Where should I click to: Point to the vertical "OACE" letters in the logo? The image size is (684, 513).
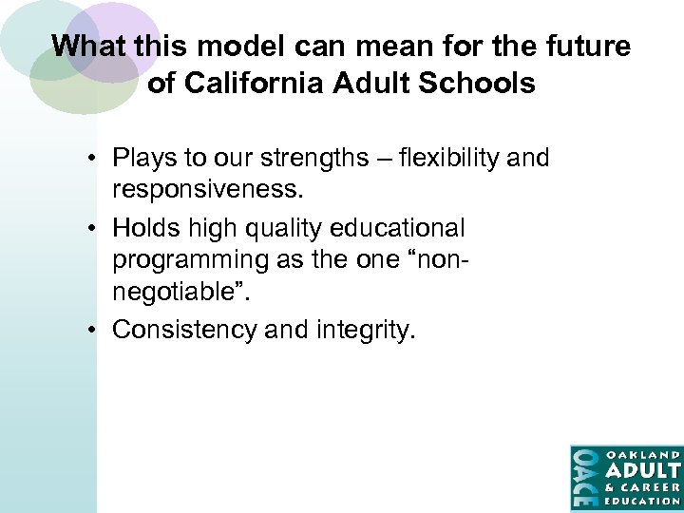pos(583,477)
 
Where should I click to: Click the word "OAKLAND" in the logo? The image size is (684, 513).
pos(642,454)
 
